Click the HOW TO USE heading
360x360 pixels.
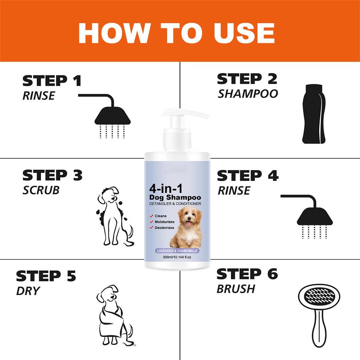176,33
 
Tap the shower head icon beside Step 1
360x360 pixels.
112,116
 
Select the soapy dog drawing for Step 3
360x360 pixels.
114,216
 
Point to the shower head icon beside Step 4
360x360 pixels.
314,218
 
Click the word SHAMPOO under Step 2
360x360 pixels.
248,94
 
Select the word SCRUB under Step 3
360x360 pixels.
41,190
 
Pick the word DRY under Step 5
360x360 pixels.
28,291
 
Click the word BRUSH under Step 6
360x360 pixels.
236,289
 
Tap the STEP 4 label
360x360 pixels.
247,175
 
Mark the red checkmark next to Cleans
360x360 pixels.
151,216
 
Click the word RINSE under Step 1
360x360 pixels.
39,96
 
